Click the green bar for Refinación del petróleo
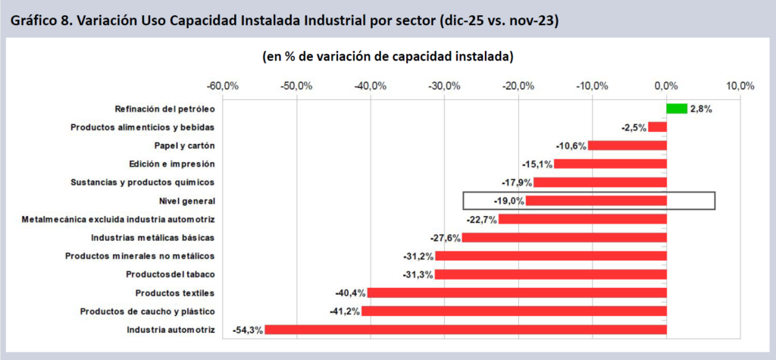point(677,108)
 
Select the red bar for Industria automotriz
point(465,330)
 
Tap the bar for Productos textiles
point(517,293)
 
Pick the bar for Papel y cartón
point(627,146)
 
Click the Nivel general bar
point(596,201)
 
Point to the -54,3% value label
point(248,330)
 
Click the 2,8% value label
point(701,108)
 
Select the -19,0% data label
point(510,201)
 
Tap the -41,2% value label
point(345,311)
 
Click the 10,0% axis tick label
point(740,86)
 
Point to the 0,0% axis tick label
point(666,86)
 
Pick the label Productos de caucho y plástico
point(148,311)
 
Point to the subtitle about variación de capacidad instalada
point(387,57)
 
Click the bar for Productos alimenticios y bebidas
point(657,127)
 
